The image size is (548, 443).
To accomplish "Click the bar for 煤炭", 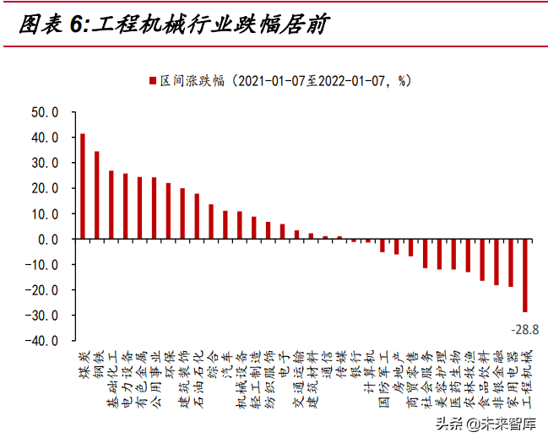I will point(82,186).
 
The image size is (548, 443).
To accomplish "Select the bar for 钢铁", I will point(96,195).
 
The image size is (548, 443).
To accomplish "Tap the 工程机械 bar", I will point(524,276).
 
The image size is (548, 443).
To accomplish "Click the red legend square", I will point(153,81).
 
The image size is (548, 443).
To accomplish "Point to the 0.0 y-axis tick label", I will point(46,239).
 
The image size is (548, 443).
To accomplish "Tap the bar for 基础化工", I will point(111,205).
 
